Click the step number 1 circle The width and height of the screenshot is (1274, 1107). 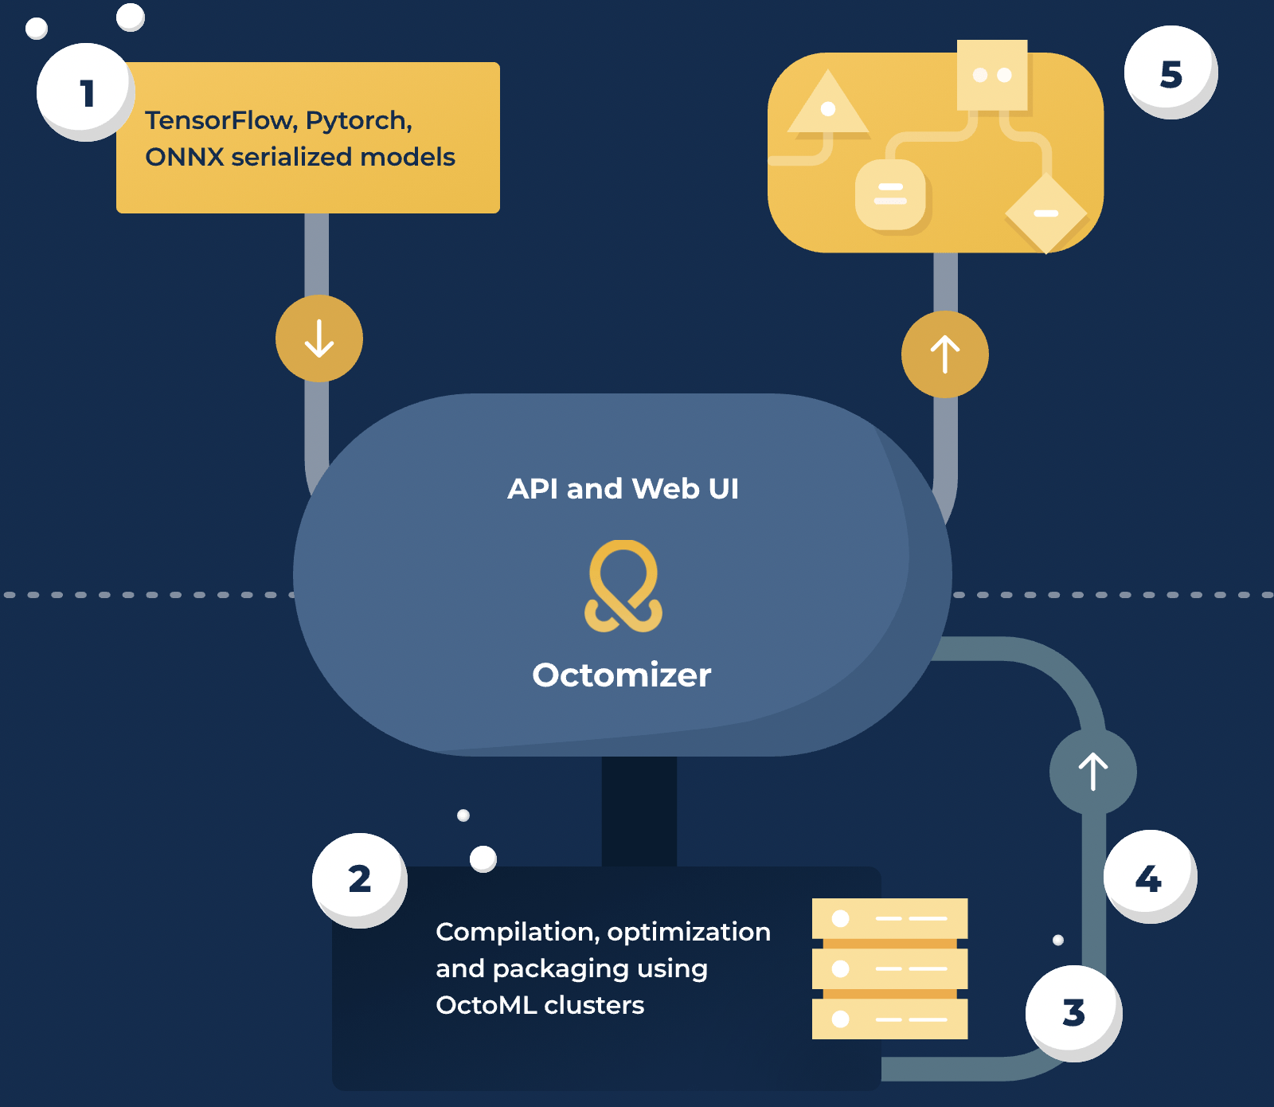click(84, 92)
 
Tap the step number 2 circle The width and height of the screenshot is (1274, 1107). click(359, 879)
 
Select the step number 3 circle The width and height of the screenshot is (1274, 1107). click(1073, 1012)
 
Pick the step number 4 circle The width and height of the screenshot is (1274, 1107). click(1148, 877)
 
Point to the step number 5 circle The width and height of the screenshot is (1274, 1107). click(1170, 73)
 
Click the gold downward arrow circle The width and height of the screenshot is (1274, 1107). click(319, 338)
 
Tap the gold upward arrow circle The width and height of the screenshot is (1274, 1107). click(945, 354)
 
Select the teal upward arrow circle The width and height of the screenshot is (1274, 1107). click(1092, 771)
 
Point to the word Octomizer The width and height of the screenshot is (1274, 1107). click(622, 675)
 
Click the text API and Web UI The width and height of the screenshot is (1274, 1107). click(623, 488)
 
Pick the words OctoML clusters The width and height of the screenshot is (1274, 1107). click(540, 1005)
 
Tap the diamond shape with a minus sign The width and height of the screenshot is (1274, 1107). click(1045, 213)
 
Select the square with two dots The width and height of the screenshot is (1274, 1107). click(992, 75)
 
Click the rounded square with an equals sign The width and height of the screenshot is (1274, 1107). click(890, 194)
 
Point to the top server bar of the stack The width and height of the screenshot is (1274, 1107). click(889, 918)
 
